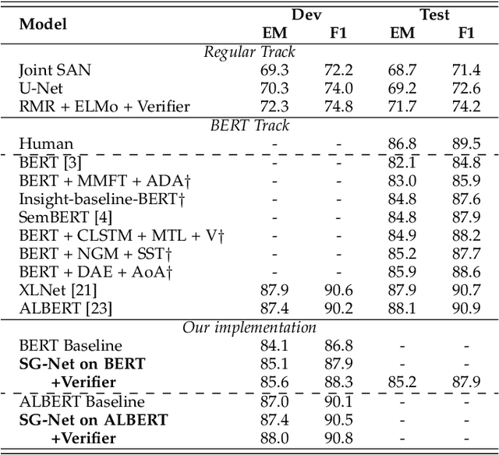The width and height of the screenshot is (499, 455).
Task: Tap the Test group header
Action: point(434,14)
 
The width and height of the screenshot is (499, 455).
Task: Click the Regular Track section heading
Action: point(249,52)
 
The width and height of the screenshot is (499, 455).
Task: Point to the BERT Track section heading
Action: point(249,125)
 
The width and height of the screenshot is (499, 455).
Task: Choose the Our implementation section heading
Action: point(249,327)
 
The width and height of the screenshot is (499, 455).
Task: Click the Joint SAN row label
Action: point(55,70)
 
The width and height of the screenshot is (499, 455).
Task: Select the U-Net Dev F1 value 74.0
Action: point(338,88)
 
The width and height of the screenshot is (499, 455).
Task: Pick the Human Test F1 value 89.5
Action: point(466,143)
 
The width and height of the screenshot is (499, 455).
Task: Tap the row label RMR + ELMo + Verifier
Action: point(104,106)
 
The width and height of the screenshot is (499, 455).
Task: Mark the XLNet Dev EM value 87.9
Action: point(275,291)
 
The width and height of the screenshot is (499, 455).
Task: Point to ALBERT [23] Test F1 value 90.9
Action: point(466,309)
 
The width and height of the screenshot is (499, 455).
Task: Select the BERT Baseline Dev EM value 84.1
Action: point(275,346)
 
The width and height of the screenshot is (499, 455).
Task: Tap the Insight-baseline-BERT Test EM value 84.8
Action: point(403,199)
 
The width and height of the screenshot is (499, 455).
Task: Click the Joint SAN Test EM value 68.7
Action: point(403,70)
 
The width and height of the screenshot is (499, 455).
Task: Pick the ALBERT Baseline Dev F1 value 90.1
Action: point(338,401)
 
